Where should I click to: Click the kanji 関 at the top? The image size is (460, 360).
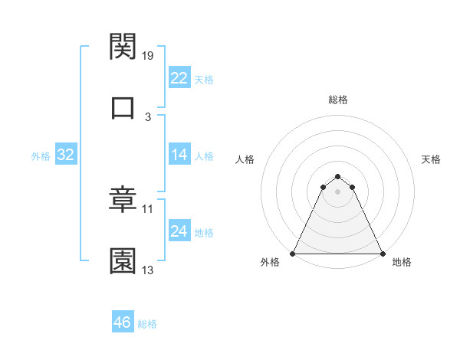[123, 47]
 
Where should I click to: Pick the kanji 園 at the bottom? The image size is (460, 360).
[123, 260]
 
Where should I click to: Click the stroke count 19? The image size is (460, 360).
[148, 55]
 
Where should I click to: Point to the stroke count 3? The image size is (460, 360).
[148, 116]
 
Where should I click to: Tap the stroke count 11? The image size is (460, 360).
[148, 208]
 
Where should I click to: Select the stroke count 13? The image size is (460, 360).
[148, 270]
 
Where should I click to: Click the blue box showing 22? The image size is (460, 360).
[179, 78]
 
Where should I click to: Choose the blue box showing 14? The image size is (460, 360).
[179, 155]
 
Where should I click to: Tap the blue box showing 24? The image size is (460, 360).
[179, 231]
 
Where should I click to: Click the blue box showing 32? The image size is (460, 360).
[66, 155]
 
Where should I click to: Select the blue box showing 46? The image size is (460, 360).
[123, 322]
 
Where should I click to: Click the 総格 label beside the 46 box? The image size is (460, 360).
[147, 324]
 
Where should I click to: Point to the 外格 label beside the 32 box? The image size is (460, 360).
[41, 156]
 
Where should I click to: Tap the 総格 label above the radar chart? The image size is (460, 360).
[338, 100]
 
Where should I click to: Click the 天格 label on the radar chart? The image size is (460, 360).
[432, 159]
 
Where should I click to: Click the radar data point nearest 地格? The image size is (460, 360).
[383, 253]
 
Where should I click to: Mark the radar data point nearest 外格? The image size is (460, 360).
[293, 253]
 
